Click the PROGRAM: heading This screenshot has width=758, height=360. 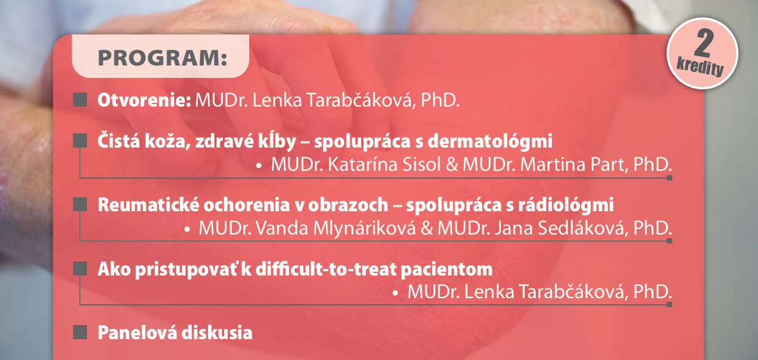162,58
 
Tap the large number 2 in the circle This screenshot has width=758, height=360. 704,43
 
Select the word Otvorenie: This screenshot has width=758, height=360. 144,100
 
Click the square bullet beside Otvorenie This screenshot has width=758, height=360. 80,100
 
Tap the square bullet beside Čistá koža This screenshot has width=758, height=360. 80,140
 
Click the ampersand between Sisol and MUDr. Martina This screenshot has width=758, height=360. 452,165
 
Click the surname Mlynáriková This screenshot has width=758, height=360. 364,228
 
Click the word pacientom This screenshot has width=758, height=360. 447,270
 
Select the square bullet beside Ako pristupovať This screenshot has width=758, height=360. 80,268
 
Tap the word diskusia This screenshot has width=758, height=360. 217,332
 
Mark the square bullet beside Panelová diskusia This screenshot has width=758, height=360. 80,332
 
